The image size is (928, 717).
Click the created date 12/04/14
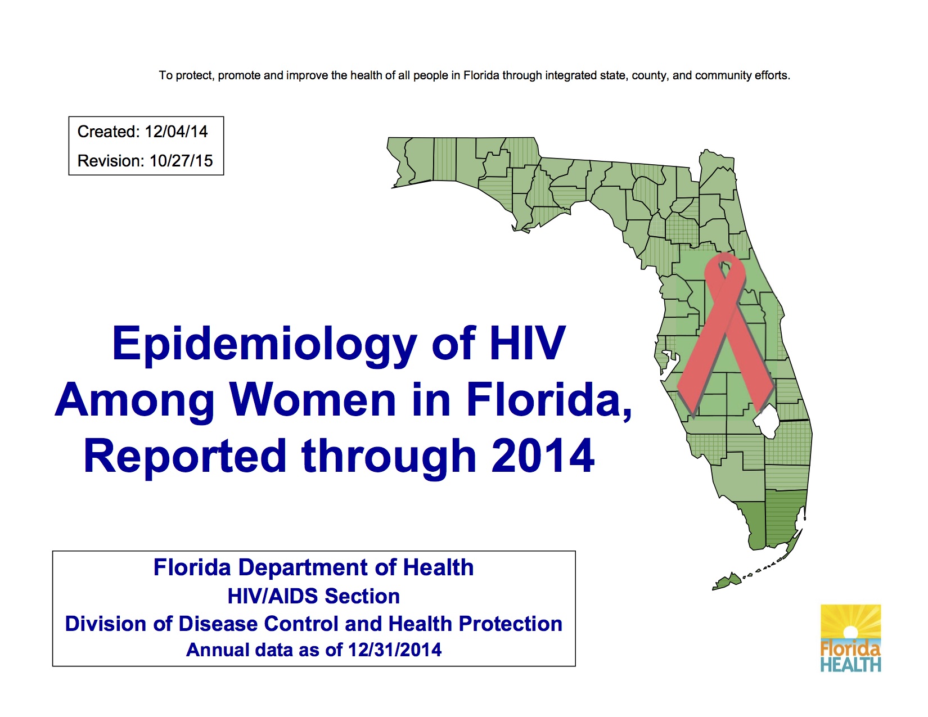pos(176,132)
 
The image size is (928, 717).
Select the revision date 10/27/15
pos(181,161)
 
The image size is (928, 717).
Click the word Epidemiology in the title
pos(264,344)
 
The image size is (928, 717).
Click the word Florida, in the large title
pos(549,400)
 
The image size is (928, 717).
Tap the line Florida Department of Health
pos(313,567)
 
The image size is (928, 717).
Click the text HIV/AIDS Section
pos(313,596)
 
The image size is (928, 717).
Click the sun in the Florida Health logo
pos(850,632)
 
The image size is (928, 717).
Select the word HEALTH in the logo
pos(850,665)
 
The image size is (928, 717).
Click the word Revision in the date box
pos(111,161)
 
